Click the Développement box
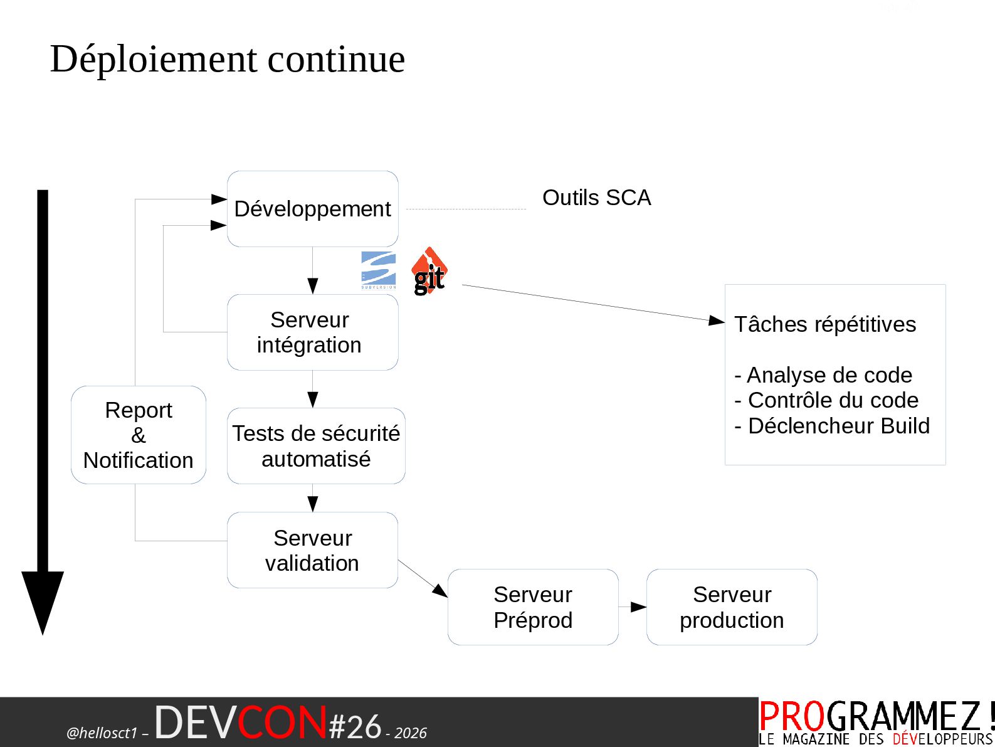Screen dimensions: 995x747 point(312,209)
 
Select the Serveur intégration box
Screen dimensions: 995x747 point(312,332)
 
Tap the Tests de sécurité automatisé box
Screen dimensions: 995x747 point(316,446)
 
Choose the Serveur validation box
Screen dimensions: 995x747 point(312,550)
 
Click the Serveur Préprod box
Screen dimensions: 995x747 point(533,607)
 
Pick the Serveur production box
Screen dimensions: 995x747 point(732,607)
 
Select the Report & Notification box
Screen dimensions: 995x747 point(139,435)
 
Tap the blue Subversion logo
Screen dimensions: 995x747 point(379,270)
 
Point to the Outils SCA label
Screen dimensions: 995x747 point(596,198)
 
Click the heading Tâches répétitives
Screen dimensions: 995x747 point(825,324)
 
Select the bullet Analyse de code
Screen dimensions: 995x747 point(824,375)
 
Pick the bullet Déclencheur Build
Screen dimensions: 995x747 point(833,426)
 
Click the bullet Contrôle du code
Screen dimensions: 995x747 point(827,400)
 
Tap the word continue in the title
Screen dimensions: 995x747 point(336,59)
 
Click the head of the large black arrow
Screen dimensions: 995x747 point(43,599)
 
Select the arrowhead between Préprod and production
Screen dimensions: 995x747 point(639,607)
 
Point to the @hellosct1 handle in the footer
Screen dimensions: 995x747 point(102,733)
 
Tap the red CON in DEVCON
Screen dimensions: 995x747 point(282,723)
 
